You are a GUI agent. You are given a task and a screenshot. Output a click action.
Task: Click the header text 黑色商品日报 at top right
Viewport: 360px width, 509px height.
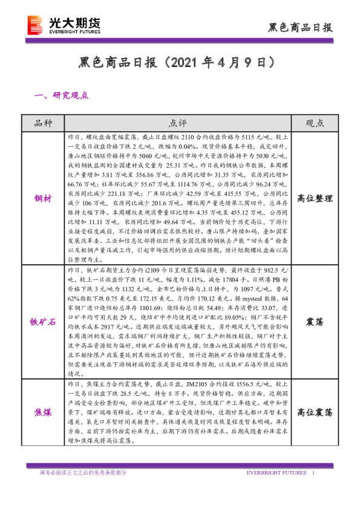[300, 28]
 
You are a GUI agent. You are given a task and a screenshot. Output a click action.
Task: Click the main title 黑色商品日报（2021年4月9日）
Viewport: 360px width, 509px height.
[179, 63]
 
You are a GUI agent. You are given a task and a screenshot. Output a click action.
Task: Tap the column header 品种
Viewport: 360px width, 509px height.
[44, 123]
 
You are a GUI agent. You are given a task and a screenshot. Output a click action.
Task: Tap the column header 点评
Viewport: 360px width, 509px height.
[177, 123]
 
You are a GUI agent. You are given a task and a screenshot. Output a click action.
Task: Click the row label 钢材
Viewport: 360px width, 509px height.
[44, 197]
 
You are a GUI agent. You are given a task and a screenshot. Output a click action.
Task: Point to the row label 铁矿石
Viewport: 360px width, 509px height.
[44, 322]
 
